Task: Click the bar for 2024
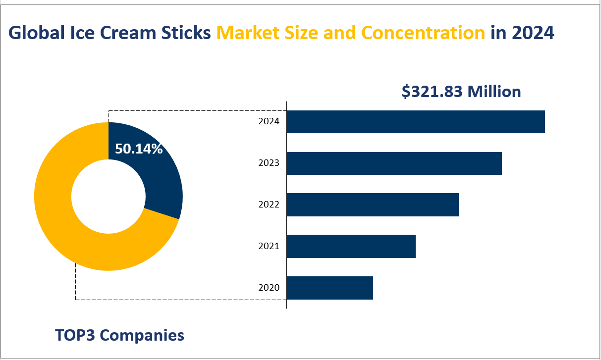[415, 122]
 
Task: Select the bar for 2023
[394, 163]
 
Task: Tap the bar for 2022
[373, 205]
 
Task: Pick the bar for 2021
[351, 247]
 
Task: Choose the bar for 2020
[329, 288]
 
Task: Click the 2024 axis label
[269, 121]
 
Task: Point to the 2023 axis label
[269, 163]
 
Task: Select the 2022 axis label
[269, 205]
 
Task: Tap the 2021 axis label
[269, 246]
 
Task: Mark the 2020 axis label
[269, 288]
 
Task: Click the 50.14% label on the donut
[139, 149]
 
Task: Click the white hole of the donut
[108, 197]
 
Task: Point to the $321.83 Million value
[461, 92]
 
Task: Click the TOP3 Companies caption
[119, 335]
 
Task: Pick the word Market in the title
[245, 33]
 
